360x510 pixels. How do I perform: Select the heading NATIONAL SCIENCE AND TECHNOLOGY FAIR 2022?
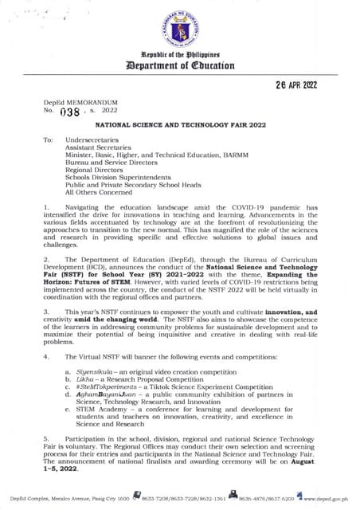(179, 125)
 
